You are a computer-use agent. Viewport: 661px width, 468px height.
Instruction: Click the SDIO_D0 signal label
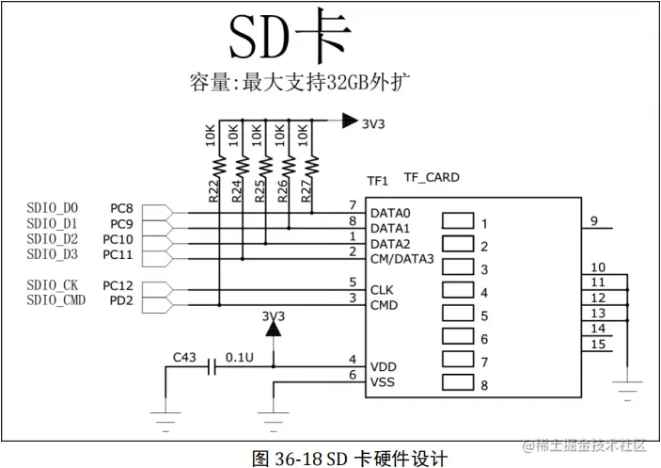coord(53,207)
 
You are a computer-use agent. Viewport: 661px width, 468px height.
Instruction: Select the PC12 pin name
coord(118,284)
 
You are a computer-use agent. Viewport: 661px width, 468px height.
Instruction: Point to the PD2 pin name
coord(122,300)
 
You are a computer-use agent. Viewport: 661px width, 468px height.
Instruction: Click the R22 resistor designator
coord(213,192)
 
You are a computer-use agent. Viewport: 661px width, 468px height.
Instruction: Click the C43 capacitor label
coord(186,357)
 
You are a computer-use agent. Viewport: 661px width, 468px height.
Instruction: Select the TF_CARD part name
coord(432,176)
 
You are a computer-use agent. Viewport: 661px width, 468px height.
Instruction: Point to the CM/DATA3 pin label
coord(402,259)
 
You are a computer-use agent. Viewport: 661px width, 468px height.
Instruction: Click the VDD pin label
coord(383,366)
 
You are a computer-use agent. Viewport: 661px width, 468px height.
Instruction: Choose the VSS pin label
coord(383,382)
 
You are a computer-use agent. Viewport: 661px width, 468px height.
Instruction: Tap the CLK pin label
coord(381,289)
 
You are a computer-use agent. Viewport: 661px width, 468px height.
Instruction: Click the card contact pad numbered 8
coord(458,383)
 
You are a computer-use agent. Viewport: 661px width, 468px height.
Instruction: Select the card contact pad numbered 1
coord(458,222)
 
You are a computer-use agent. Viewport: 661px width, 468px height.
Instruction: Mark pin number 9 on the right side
coord(595,221)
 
